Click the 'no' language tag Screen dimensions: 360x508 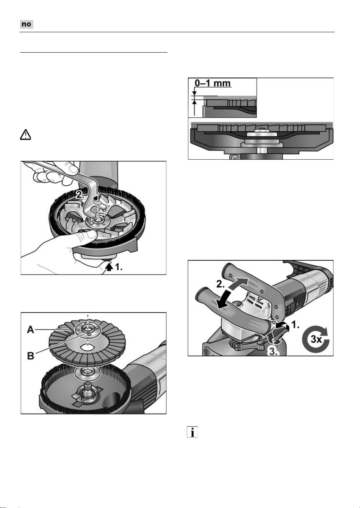(27, 24)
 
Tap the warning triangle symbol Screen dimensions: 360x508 (25, 135)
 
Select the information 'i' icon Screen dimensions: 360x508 (192, 432)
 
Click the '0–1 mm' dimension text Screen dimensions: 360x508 (213, 83)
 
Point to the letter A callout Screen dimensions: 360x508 (31, 330)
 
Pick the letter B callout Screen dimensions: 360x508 (31, 356)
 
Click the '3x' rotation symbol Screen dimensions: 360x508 (316, 339)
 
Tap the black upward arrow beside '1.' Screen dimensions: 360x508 (109, 267)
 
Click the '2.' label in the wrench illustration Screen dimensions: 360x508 (80, 195)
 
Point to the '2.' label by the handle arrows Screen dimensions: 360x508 (221, 284)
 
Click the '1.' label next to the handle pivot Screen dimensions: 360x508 (295, 325)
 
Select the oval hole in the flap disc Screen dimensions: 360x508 (87, 347)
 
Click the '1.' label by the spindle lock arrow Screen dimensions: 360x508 (119, 267)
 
